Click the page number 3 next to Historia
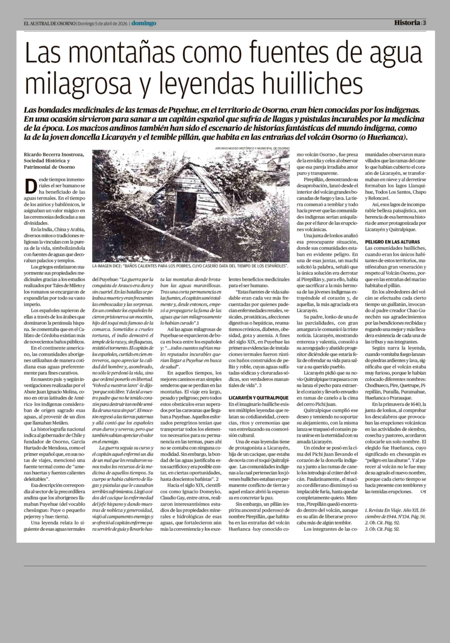click(x=424, y=23)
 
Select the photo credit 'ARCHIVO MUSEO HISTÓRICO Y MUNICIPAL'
click(x=252, y=148)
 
